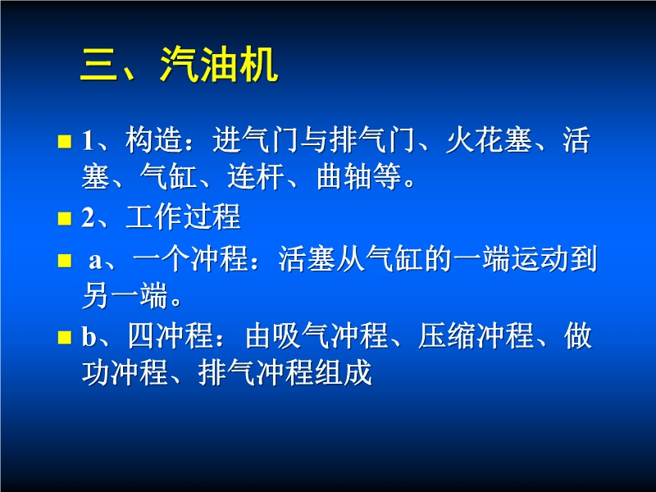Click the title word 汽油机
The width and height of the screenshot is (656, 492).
pos(219,64)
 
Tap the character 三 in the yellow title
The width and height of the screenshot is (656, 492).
pos(98,64)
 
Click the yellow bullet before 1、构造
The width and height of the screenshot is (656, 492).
pos(65,141)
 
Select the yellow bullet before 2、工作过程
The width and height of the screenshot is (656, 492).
pos(65,218)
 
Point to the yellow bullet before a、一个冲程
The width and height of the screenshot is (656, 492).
pos(65,260)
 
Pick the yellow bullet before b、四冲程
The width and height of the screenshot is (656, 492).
pos(65,337)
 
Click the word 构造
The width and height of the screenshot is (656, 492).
pos(154,139)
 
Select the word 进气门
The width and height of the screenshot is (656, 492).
pos(256,139)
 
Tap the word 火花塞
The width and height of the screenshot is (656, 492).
pos(489,139)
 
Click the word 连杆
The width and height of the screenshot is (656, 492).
pos(256,176)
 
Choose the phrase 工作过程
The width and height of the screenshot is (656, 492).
pos(183,216)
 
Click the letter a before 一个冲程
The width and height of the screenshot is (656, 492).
pos(95,261)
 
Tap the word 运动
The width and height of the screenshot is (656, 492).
pos(540,259)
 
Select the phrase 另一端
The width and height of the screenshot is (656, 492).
pos(125,295)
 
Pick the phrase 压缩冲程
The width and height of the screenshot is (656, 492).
pos(476,335)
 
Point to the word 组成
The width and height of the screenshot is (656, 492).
pos(344,372)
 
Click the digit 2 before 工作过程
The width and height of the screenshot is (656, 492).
pos(89,217)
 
